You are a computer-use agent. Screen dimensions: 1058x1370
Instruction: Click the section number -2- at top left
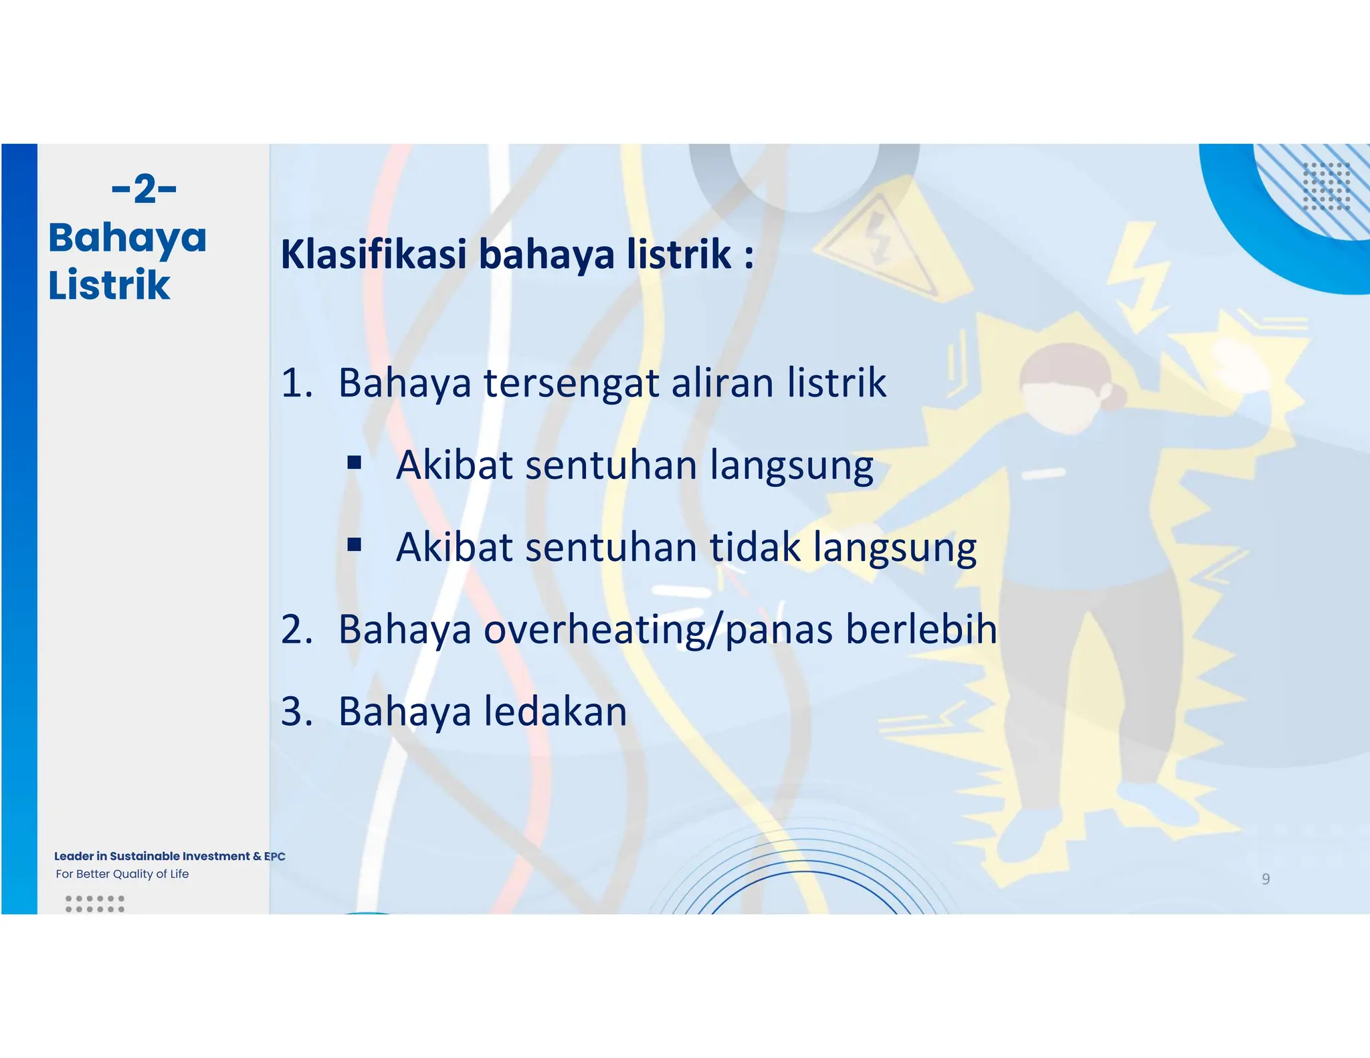144,189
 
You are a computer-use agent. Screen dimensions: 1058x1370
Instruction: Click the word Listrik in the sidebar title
109,285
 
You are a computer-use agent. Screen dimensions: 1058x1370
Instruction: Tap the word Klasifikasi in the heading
373,255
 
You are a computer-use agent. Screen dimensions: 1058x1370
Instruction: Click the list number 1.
296,383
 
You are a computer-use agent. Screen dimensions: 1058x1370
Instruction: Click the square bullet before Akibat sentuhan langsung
355,462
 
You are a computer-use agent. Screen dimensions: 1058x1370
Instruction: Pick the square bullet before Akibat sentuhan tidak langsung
355,544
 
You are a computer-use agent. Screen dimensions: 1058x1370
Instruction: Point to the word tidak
755,547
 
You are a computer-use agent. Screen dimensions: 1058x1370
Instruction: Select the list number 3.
296,711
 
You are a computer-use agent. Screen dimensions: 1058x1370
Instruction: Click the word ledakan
555,711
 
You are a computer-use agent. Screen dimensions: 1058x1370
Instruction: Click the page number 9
1265,879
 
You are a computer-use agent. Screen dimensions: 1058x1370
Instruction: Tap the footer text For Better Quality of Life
122,874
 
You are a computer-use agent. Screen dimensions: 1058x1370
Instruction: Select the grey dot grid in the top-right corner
1326,186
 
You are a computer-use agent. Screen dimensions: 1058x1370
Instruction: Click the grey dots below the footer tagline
95,904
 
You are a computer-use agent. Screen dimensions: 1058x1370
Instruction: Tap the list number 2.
296,629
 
